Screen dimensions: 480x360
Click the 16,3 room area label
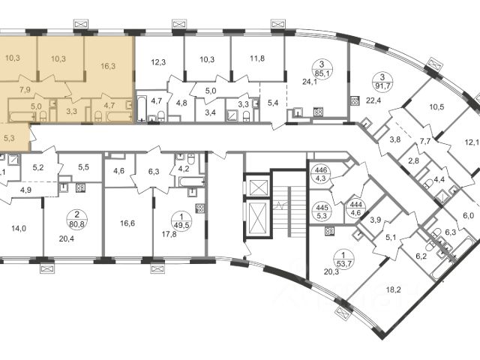(x=108, y=66)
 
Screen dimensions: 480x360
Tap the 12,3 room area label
(x=158, y=62)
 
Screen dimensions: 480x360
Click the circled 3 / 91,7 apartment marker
(x=381, y=80)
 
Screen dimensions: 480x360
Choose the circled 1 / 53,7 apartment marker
(x=343, y=259)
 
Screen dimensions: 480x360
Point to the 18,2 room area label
(x=393, y=289)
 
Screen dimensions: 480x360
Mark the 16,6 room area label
(x=127, y=223)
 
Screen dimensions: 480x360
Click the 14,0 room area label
(x=19, y=228)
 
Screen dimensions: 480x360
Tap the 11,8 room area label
(x=257, y=58)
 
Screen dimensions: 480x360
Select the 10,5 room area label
(x=436, y=107)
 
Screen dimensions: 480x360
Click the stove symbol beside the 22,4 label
(x=355, y=100)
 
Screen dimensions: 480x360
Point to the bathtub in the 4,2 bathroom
(x=191, y=181)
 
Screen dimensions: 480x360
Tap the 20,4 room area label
(x=67, y=238)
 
